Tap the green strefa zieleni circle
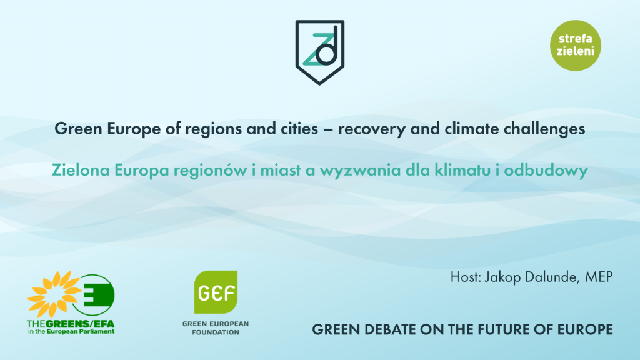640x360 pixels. coord(576,45)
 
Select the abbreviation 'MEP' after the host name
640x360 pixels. coord(599,277)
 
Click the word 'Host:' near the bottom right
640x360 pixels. coord(466,277)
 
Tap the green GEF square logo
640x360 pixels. coord(216,292)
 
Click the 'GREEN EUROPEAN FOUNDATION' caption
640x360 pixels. coord(216,328)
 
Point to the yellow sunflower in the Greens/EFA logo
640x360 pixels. coord(52,294)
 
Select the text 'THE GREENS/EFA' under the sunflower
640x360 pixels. coord(71,324)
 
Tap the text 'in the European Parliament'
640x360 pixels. coord(71,331)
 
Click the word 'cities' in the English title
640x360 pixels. coord(299,129)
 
